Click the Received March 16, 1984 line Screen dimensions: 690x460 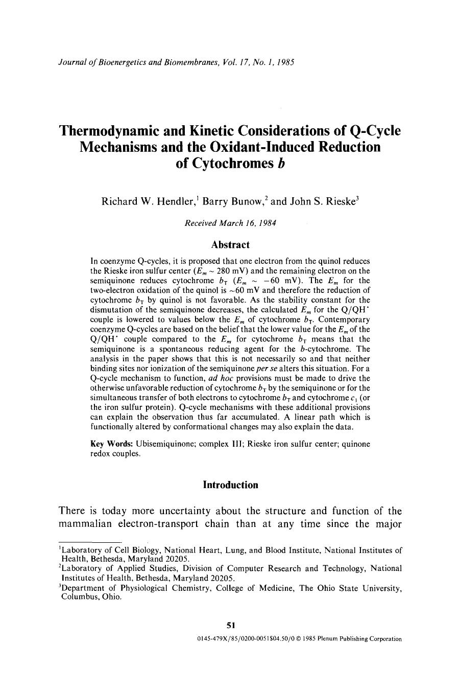(230, 223)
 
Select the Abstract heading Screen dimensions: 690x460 (230, 245)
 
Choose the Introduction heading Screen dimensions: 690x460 (230, 485)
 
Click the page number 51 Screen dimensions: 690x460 (230, 625)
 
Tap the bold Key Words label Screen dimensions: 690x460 (105, 444)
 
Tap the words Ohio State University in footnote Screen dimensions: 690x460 (358, 588)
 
